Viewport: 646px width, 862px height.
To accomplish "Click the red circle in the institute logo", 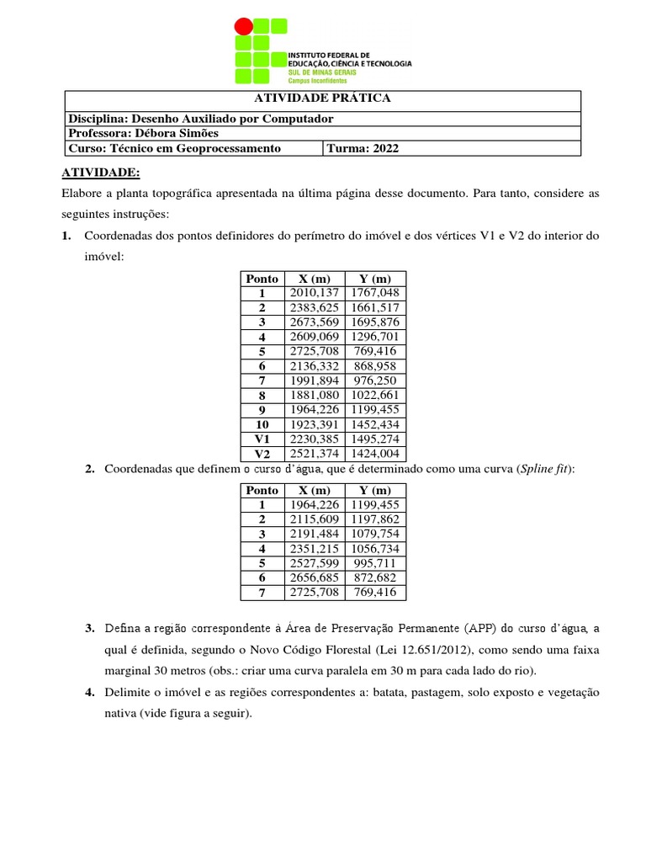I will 243,26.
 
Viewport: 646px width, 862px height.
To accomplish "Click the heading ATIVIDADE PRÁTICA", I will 322,98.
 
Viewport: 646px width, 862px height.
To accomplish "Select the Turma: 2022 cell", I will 363,149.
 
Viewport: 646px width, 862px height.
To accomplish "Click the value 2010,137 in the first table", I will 314,293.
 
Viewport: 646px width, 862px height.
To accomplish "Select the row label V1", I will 262,439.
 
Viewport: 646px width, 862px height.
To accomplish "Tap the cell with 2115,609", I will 314,519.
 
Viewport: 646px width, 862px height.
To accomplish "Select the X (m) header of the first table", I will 314,279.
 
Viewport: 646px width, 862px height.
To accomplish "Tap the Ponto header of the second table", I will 262,491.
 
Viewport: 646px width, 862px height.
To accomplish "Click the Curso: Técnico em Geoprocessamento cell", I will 174,149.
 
